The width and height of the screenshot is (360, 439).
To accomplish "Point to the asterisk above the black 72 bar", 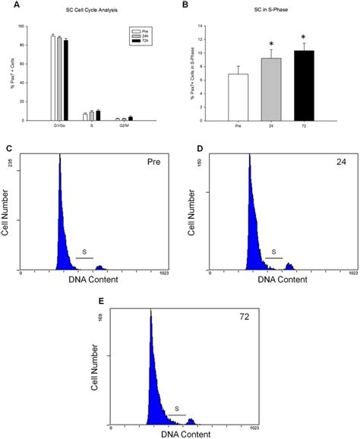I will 305,37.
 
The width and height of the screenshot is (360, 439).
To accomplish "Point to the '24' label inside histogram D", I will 339,163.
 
